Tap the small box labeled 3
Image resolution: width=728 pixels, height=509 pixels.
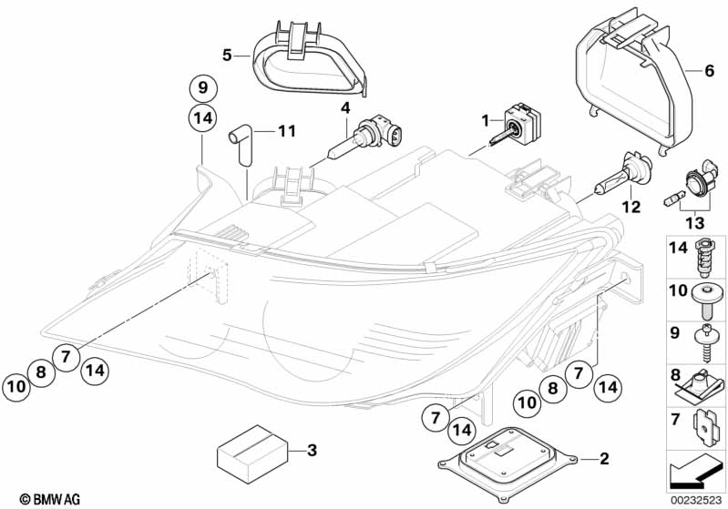[x=252, y=454]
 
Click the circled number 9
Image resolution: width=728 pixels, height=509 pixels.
[x=203, y=87]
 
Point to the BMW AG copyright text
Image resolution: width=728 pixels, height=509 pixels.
[x=50, y=500]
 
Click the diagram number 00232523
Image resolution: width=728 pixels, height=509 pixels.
[x=695, y=500]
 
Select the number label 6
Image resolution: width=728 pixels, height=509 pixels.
[x=709, y=71]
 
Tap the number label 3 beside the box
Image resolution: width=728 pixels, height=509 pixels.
[x=312, y=450]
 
